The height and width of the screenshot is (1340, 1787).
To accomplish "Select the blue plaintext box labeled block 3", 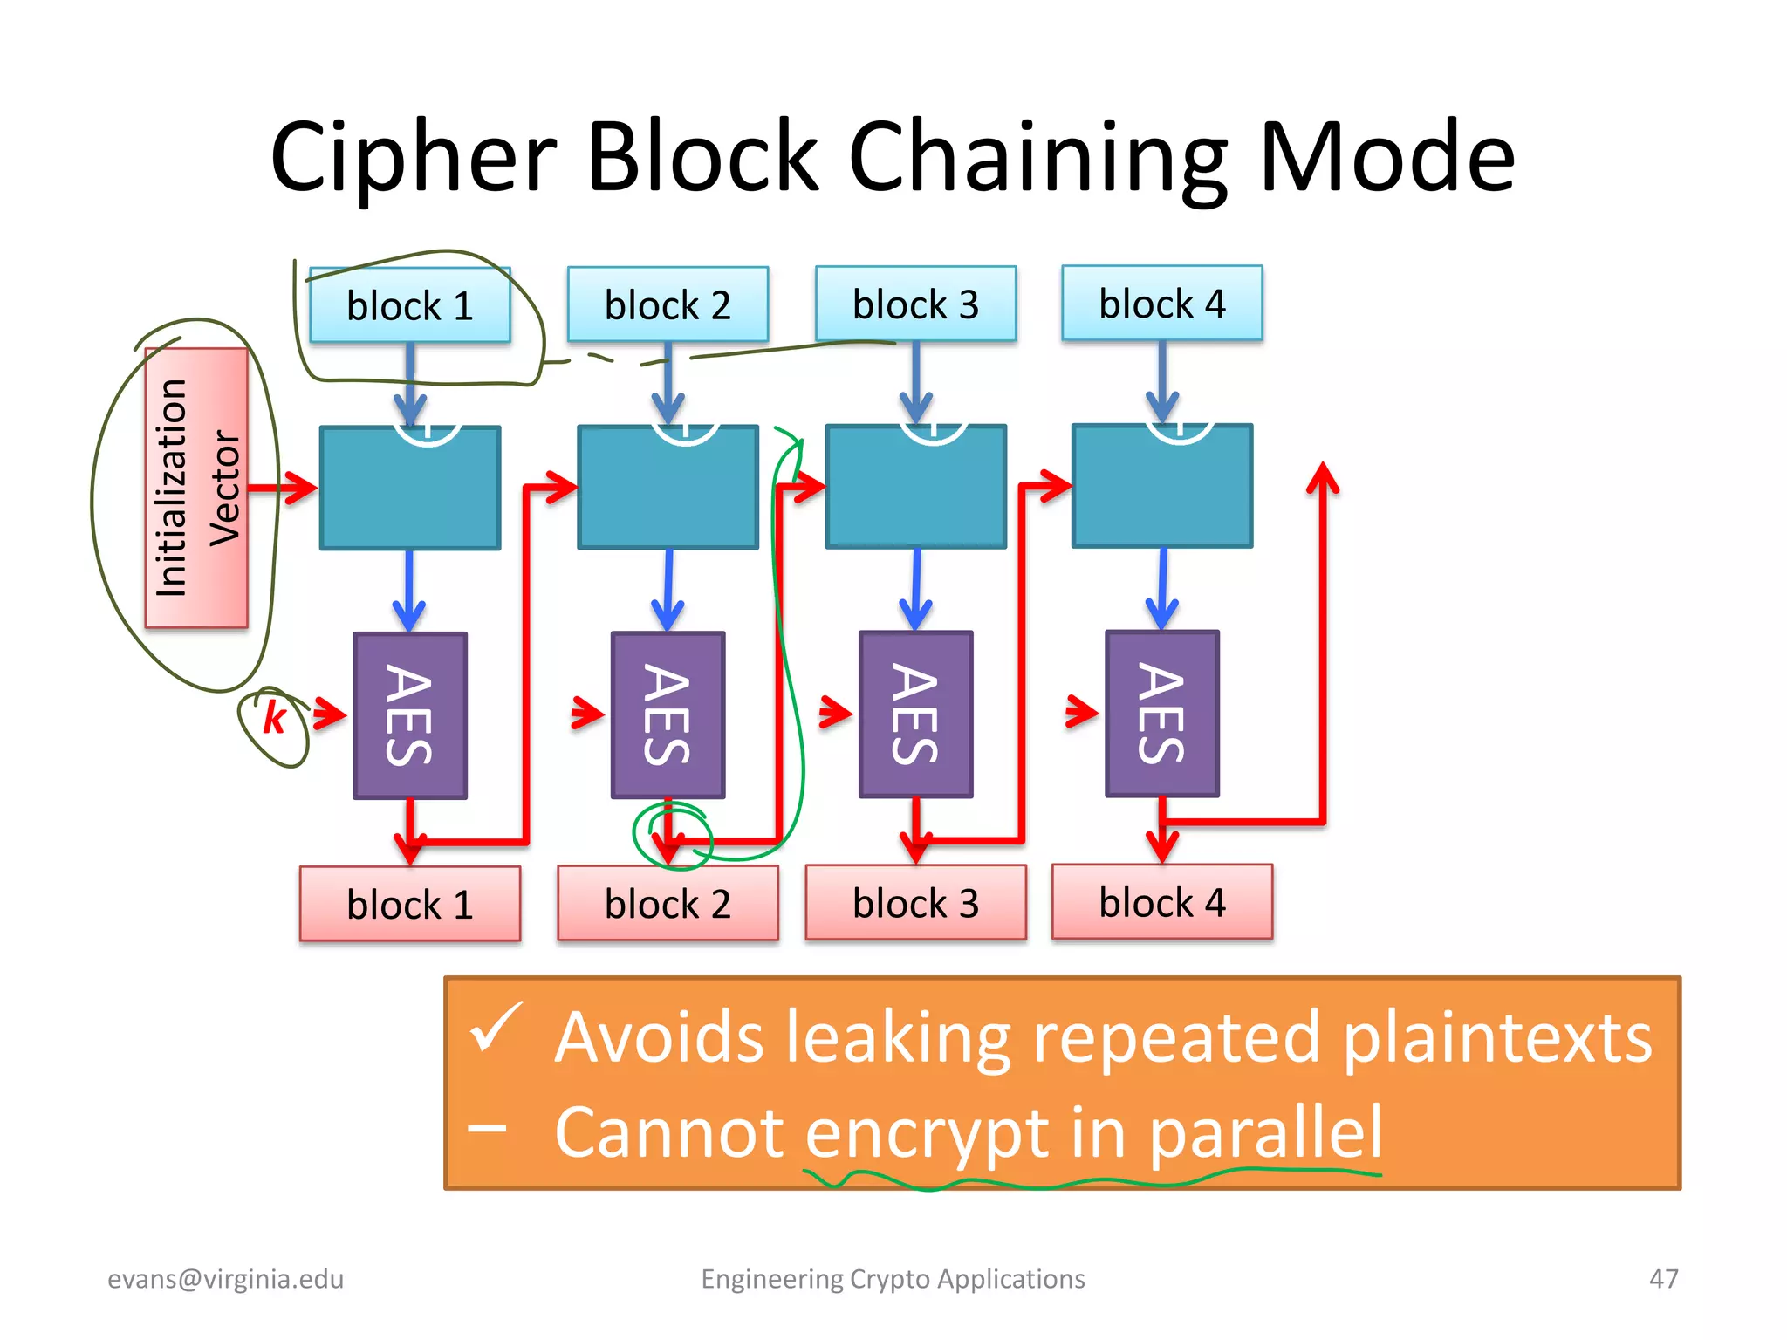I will click(x=915, y=304).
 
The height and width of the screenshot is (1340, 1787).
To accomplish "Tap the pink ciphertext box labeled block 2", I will click(x=668, y=904).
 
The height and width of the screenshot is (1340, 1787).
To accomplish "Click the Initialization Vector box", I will click(x=197, y=488).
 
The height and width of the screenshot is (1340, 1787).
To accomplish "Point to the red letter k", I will click(x=275, y=718).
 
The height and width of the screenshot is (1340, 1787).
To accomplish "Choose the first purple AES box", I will click(x=409, y=715).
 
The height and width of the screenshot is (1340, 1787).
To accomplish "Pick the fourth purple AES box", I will click(x=1161, y=714).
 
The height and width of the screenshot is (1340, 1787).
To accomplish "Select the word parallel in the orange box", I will click(x=1264, y=1132).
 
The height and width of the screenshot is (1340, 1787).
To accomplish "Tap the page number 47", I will click(x=1663, y=1279).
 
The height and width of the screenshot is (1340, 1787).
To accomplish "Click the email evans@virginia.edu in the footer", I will click(x=225, y=1279).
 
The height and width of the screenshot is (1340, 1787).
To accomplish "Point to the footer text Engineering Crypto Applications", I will click(x=893, y=1279).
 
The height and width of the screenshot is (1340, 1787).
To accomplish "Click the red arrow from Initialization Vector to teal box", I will click(x=284, y=488).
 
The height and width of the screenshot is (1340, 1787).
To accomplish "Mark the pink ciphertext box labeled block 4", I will click(x=1161, y=902).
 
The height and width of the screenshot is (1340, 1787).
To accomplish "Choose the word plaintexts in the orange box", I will click(x=1496, y=1038).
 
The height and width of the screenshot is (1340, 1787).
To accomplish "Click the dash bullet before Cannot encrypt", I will click(x=487, y=1129).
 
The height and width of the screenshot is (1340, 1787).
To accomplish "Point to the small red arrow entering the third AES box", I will click(x=835, y=712).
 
